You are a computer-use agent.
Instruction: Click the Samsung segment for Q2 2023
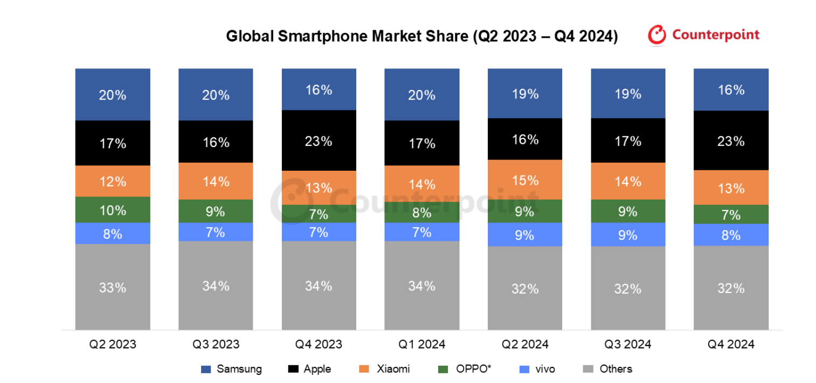[x=113, y=94]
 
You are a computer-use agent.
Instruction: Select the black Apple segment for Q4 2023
[x=319, y=141]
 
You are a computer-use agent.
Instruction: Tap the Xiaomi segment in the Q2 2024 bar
[x=525, y=179]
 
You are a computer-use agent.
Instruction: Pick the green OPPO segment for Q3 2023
[x=216, y=211]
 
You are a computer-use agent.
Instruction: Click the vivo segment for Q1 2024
[x=421, y=232]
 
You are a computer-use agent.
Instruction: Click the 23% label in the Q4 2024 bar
[x=731, y=141]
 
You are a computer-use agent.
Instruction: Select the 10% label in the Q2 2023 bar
[x=113, y=210]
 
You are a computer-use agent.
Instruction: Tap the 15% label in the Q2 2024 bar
[x=525, y=179]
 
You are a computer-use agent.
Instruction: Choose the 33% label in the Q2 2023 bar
[x=113, y=288]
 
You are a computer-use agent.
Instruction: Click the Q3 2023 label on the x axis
[x=216, y=344]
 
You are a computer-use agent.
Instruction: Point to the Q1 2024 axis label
[x=421, y=344]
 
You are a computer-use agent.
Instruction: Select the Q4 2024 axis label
[x=731, y=344]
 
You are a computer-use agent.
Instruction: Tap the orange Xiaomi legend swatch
[x=363, y=369]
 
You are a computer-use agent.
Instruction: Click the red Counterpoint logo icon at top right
[x=657, y=35]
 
